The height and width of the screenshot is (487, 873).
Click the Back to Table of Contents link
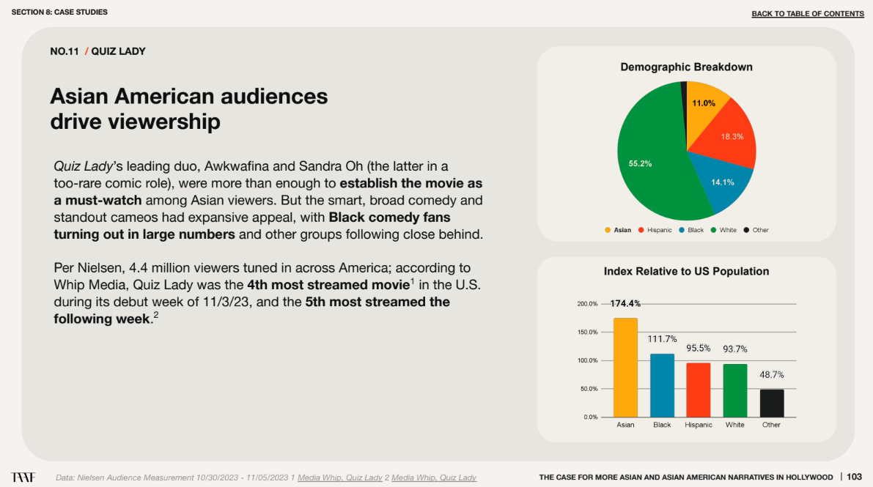coord(808,14)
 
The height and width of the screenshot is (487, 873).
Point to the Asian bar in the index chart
coord(625,368)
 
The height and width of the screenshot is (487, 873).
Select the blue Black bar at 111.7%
coord(662,385)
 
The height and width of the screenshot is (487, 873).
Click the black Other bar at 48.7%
coord(771,403)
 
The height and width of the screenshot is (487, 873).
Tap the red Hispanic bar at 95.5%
coord(698,390)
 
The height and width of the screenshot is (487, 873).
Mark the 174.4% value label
coord(625,303)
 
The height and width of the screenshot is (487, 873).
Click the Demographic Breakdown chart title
coord(686,67)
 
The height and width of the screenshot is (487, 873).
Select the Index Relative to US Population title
coord(686,272)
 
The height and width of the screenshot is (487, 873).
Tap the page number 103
coord(854,477)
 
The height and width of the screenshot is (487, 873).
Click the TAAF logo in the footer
coord(23,477)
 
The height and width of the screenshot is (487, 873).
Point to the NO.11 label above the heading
coord(64,51)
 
